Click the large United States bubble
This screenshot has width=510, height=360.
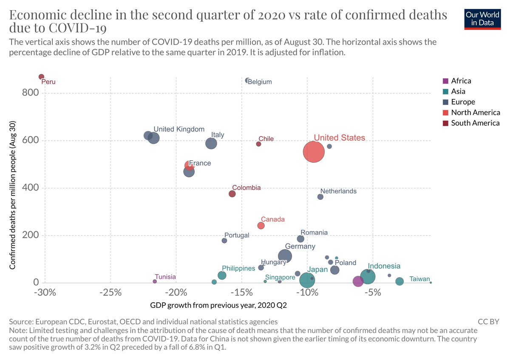pyautogui.click(x=314, y=152)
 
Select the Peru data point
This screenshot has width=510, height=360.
pyautogui.click(x=41, y=77)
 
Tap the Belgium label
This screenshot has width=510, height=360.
pyautogui.click(x=259, y=82)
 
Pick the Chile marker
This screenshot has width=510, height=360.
pyautogui.click(x=258, y=144)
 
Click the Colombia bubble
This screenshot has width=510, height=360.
pyautogui.click(x=232, y=194)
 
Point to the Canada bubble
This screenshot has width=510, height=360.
pyautogui.click(x=261, y=226)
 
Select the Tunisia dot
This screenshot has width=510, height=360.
pyautogui.click(x=155, y=281)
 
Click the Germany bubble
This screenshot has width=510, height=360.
pyautogui.click(x=285, y=256)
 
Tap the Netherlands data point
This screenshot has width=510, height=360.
pyautogui.click(x=320, y=197)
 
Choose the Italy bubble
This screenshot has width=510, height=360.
pyautogui.click(x=211, y=143)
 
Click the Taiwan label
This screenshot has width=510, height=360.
pyautogui.click(x=419, y=279)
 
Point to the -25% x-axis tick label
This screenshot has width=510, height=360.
pyautogui.click(x=110, y=293)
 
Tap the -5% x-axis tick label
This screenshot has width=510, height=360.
pyautogui.click(x=373, y=293)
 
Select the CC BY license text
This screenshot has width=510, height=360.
pyautogui.click(x=488, y=322)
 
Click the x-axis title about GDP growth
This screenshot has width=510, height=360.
pyautogui.click(x=215, y=305)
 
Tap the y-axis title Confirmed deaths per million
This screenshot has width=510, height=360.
pyautogui.click(x=13, y=195)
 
